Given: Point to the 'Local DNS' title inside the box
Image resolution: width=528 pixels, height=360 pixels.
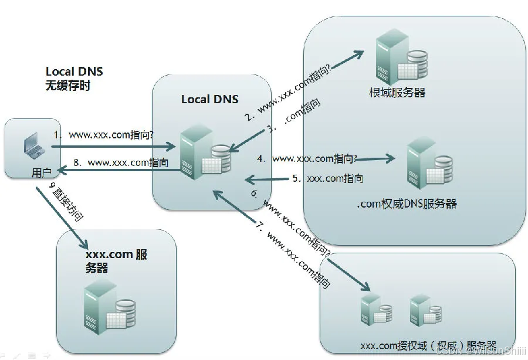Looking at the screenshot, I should pos(209,99).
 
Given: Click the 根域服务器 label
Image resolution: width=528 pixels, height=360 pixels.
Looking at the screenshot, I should pos(397,93).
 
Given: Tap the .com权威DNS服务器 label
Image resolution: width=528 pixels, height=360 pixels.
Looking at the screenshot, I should pos(407,204).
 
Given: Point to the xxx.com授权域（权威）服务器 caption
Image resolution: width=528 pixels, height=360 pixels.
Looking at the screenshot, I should pos(428,345).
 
